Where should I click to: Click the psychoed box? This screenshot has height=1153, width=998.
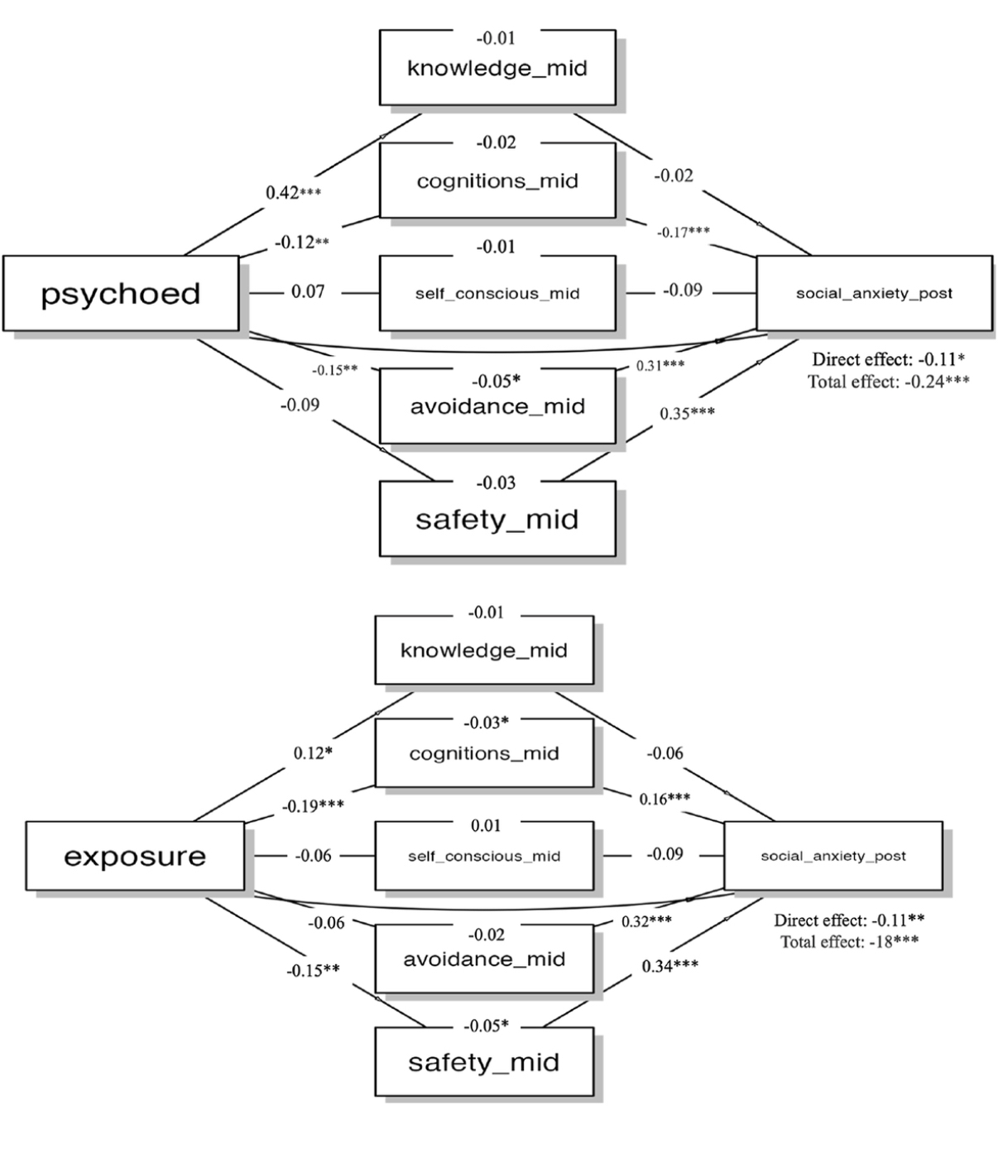[121, 294]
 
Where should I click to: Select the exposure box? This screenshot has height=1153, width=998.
[135, 856]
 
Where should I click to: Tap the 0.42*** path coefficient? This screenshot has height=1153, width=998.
[293, 193]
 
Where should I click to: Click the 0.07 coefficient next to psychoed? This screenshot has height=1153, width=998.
[308, 291]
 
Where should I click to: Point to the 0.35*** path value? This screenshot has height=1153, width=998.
[687, 413]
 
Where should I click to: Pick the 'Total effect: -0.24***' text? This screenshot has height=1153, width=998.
[888, 382]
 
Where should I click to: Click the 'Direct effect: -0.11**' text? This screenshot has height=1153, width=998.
[849, 920]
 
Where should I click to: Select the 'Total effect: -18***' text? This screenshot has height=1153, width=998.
[849, 941]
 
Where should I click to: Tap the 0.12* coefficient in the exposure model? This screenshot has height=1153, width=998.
[313, 753]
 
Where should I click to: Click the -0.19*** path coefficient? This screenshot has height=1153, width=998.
[313, 805]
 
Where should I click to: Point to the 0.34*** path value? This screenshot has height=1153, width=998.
[669, 966]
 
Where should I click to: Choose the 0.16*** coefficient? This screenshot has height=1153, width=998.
[665, 799]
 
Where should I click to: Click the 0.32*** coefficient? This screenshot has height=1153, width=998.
[646, 921]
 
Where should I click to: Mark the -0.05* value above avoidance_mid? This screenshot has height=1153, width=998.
[497, 382]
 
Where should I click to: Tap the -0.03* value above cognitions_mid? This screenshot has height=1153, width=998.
[486, 723]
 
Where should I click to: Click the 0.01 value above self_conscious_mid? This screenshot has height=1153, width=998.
[486, 825]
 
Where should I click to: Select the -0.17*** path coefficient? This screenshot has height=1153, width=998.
[683, 233]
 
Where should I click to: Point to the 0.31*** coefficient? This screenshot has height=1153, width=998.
[660, 365]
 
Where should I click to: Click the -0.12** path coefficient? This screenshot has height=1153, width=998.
[302, 243]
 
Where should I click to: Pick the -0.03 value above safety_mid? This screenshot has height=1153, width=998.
[497, 483]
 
